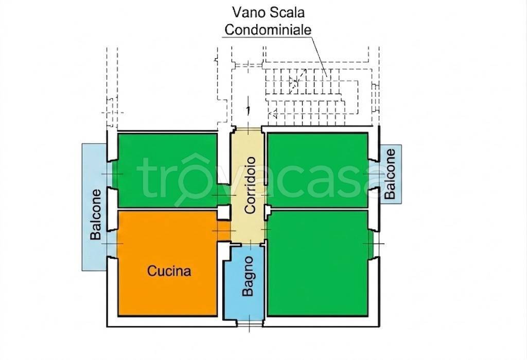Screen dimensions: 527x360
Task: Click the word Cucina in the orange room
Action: point(169,270)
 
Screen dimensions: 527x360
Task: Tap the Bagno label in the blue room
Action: point(248,276)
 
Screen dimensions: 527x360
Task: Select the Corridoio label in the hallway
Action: point(251,185)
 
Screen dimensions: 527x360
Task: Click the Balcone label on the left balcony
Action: point(96,214)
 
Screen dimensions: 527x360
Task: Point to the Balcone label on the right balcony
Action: point(390,174)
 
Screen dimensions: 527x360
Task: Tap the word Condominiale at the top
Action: point(268,29)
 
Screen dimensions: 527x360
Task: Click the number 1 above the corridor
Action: point(248,110)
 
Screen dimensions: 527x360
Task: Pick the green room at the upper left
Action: point(167,170)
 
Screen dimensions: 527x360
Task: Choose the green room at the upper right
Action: point(318,170)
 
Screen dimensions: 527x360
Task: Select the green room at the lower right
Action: point(318,263)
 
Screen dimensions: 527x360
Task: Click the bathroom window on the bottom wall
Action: point(250,323)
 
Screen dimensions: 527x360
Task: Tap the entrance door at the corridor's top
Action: point(248,129)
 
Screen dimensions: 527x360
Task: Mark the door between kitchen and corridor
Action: point(223,230)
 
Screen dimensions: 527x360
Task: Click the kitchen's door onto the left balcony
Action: point(112,243)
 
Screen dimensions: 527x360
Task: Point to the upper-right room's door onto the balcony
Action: point(374,174)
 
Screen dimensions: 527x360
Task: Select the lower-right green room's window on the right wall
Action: point(374,244)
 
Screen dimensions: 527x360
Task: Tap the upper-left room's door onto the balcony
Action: point(112,174)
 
